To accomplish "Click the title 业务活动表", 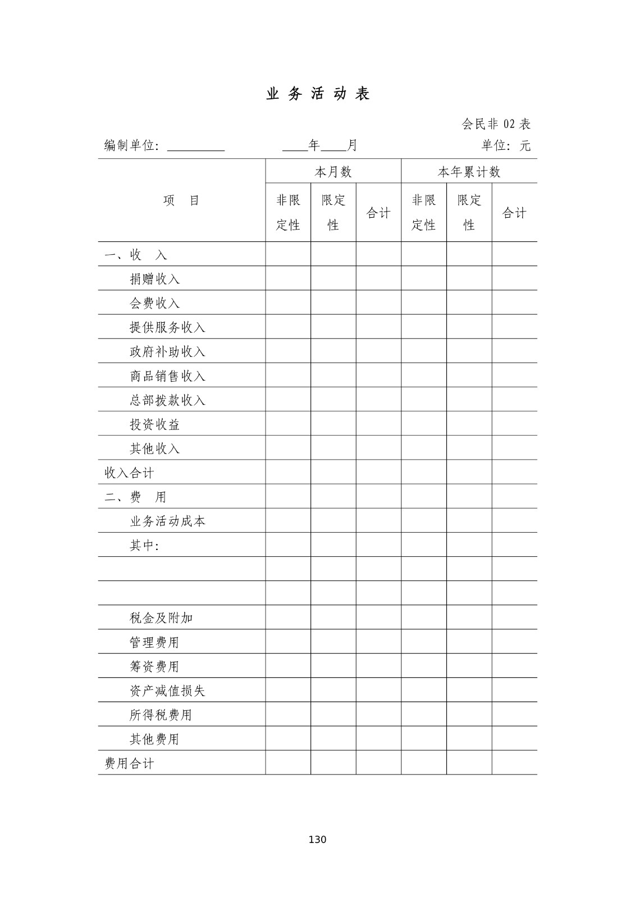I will pos(318,94).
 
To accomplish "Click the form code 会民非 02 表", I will pos(496,124).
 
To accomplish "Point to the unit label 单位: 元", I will pos(505,146).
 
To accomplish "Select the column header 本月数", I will pos(333,172).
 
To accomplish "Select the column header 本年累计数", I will pos(469,172).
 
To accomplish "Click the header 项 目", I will pos(181,200).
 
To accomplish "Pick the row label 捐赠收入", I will pos(155,279).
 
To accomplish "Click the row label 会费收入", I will pos(155,303).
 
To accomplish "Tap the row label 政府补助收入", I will pos(168,351).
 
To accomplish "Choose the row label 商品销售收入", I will pos(168,376).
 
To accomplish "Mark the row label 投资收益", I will pos(155,424).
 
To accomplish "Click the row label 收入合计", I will pos(129,473).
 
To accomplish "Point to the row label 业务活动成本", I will pos(168,521).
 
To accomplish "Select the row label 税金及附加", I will pos(162,618).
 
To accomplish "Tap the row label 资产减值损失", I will pos(168,691).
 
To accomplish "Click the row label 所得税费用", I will pos(161,715).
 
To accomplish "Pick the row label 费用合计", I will pos(129,763).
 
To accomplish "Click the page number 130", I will pos(317,840).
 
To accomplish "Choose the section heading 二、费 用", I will pos(135,497).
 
